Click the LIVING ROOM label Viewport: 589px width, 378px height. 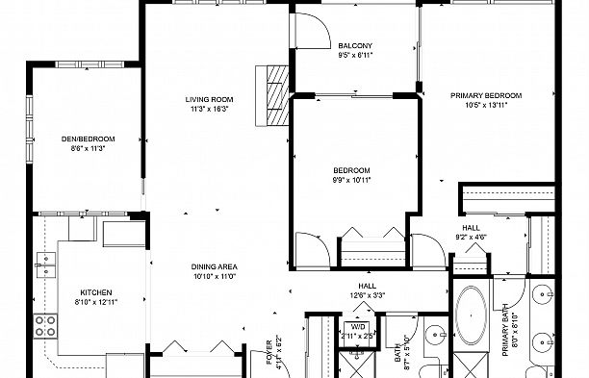tap(209, 99)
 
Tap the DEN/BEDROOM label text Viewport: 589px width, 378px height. tap(88, 139)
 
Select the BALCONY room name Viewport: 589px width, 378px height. tap(355, 46)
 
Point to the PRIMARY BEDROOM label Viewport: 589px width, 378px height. tap(486, 96)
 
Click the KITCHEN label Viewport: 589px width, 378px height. tap(96, 292)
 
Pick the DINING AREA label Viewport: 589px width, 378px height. tap(214, 266)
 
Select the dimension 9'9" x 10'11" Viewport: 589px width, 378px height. tap(351, 180)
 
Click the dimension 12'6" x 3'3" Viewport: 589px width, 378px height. tap(368, 295)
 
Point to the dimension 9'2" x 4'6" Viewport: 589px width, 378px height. tap(471, 238)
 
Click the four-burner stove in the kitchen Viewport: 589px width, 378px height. tap(45, 326)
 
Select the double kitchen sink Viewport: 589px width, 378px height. tap(46, 265)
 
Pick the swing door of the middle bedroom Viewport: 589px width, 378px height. tap(312, 251)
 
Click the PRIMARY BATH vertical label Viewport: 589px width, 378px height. tap(505, 330)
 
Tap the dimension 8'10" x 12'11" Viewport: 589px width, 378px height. tap(96, 302)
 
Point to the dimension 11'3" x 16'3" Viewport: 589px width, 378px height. tap(209, 110)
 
